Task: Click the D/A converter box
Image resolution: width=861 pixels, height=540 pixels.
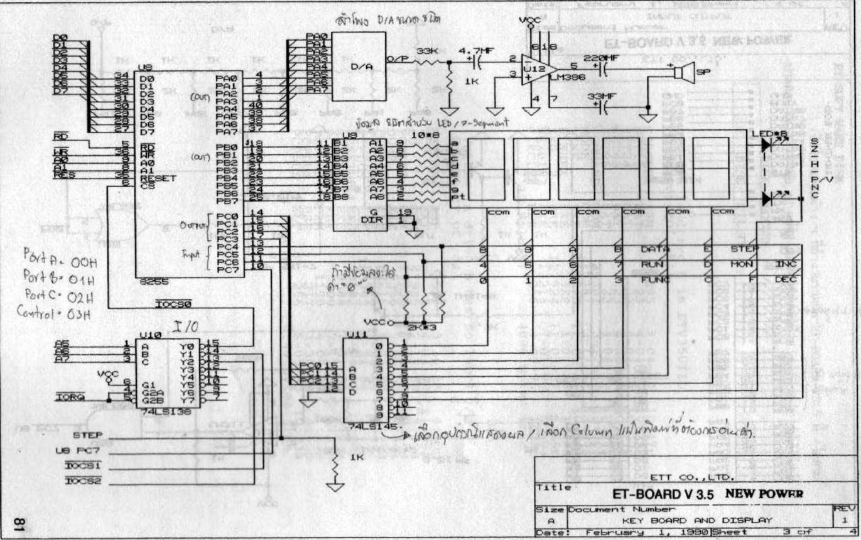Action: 358,67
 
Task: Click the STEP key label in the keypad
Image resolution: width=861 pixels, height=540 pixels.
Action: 744,249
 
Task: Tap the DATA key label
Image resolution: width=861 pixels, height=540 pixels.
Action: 655,249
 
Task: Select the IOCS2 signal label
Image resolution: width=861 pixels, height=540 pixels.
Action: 84,481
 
